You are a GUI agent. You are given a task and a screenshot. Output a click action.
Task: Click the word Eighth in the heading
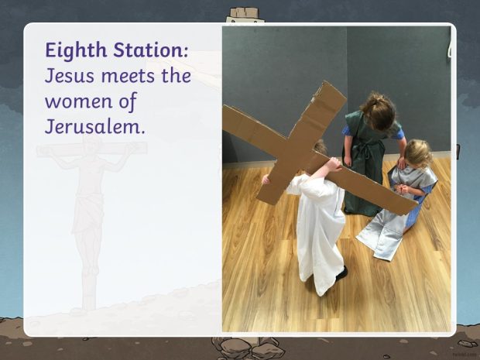[76, 50]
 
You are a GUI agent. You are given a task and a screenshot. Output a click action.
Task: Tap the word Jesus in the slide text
[70, 76]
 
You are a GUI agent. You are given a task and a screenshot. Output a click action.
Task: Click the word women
[79, 102]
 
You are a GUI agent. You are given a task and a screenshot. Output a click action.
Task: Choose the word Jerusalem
[94, 126]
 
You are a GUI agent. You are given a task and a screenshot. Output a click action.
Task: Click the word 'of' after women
[128, 102]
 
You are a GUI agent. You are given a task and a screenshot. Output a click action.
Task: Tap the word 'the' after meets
[176, 76]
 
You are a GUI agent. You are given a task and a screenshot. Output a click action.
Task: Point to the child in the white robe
[318, 221]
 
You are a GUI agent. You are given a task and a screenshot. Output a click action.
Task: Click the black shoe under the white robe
[341, 273]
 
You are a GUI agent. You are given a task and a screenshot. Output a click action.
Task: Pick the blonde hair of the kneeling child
[418, 153]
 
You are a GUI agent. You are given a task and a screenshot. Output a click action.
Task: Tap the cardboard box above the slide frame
[245, 12]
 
